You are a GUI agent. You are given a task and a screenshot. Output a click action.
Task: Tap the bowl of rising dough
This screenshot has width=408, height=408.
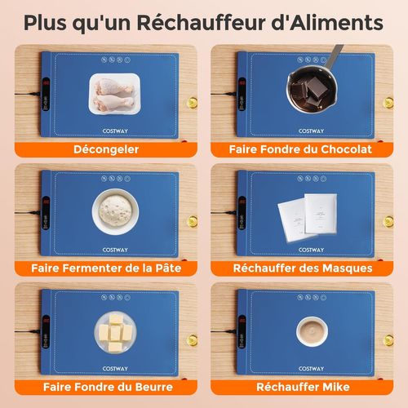coord(114,210)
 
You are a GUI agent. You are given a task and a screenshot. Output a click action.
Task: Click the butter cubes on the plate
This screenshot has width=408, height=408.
coord(114,330)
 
